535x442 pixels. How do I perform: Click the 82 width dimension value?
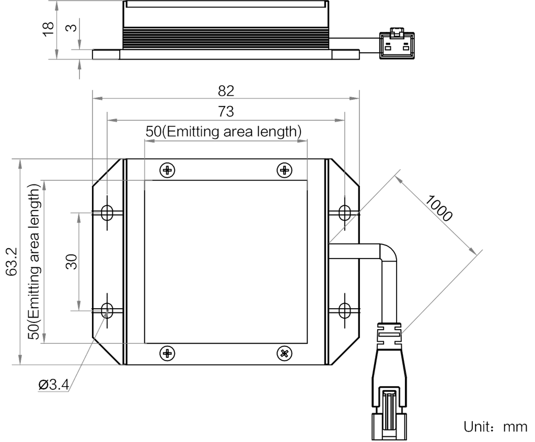(226, 91)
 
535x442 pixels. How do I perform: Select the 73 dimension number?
(226, 111)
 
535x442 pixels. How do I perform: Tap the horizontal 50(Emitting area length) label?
(224, 132)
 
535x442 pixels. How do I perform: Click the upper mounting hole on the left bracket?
(108, 212)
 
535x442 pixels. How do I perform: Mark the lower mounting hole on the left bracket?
(108, 310)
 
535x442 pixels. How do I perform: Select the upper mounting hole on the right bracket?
(344, 212)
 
